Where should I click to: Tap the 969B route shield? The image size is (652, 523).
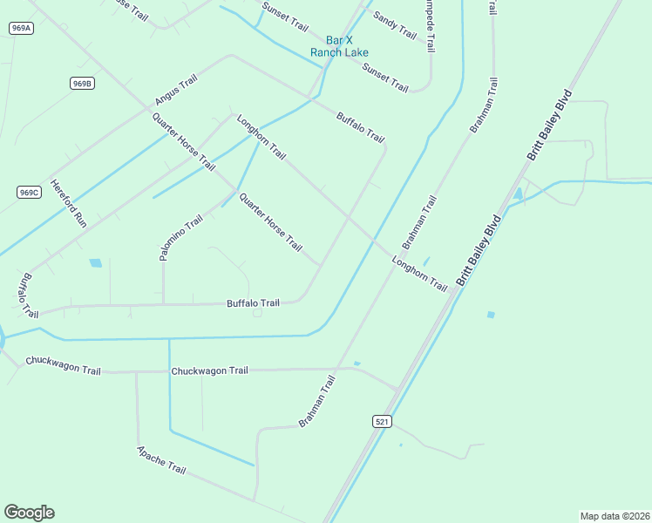point(82,84)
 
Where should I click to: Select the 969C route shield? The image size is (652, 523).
point(29,192)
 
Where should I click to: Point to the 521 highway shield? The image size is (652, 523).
point(382,422)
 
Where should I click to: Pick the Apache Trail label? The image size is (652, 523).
point(161,460)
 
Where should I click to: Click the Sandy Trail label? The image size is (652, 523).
point(394,24)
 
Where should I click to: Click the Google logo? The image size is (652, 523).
point(29,513)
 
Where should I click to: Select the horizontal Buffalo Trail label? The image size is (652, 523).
point(253,303)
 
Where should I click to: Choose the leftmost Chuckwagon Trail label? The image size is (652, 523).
point(63,364)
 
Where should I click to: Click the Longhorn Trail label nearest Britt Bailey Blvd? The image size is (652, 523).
point(419,274)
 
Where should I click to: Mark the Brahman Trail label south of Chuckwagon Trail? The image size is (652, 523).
point(316,401)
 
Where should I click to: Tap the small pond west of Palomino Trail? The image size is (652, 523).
point(95,262)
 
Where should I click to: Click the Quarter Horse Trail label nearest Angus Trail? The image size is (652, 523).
point(183,141)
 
